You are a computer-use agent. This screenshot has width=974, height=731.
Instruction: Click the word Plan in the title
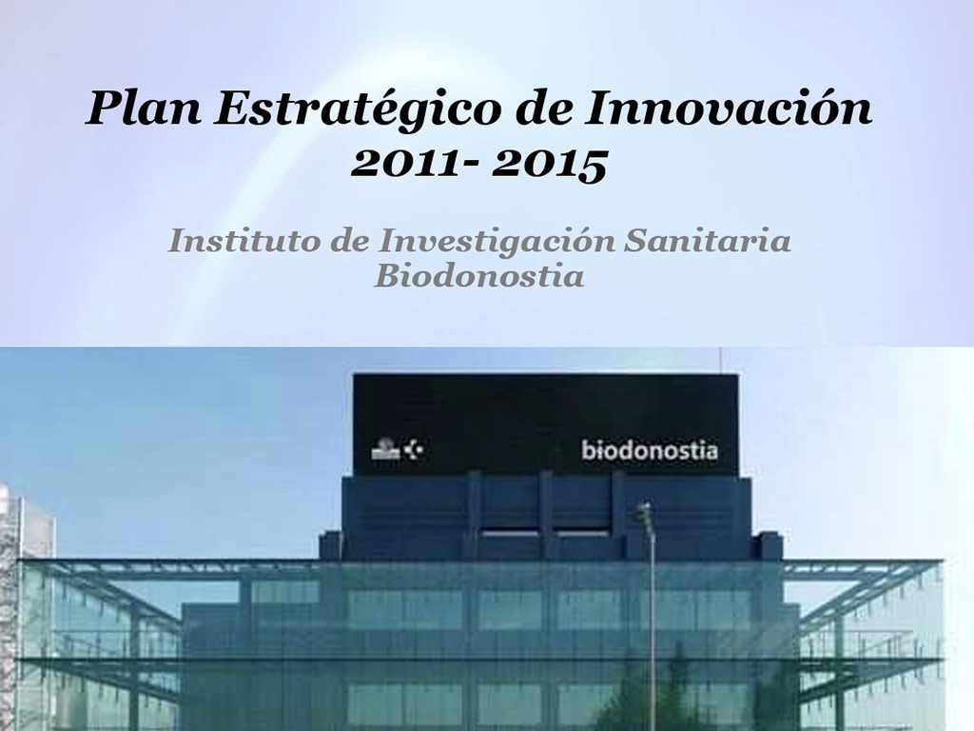(143, 108)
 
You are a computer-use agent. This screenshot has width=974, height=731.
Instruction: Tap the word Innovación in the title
(728, 108)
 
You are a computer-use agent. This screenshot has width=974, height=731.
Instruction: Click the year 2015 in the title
(550, 163)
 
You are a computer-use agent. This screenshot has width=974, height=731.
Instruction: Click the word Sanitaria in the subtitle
(708, 241)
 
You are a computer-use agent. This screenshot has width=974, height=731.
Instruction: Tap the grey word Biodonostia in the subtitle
(478, 277)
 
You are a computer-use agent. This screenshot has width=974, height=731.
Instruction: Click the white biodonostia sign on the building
(650, 450)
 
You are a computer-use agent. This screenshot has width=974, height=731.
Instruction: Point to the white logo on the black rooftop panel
(399, 449)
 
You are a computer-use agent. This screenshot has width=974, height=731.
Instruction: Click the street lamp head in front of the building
(646, 515)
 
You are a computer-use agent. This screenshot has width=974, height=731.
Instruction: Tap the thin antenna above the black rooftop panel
(720, 360)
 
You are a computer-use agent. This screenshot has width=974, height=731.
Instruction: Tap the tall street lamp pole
(653, 638)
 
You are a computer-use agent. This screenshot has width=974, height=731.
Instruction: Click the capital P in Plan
(102, 108)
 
